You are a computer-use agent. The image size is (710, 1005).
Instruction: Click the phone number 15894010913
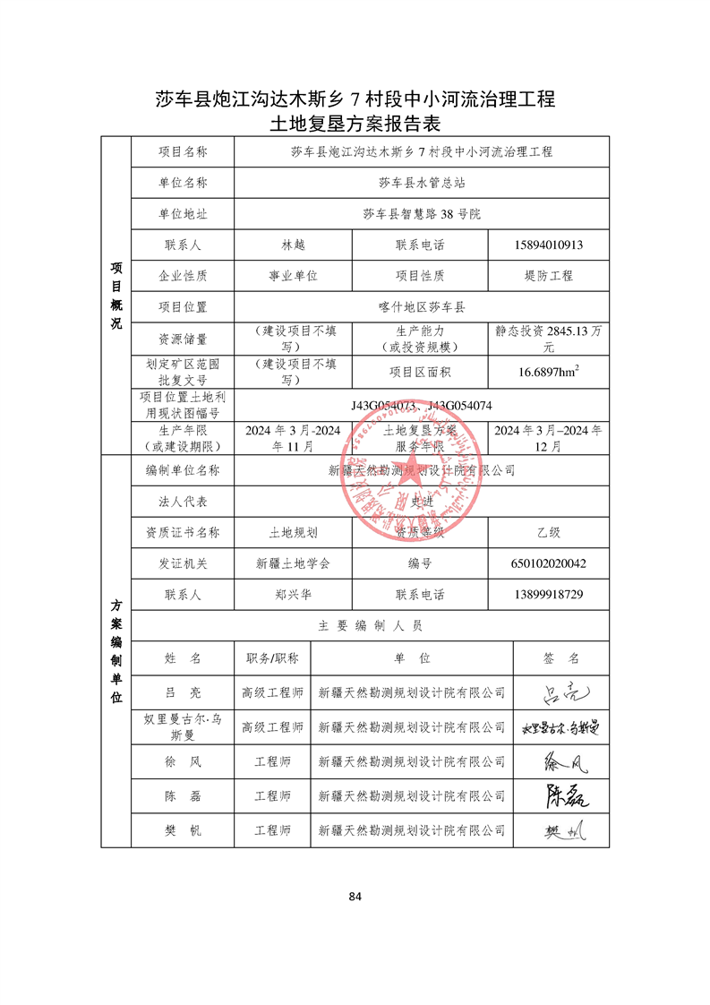[549, 245]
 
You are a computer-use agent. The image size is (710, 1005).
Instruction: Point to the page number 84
[355, 896]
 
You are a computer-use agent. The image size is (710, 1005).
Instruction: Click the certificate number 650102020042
[549, 563]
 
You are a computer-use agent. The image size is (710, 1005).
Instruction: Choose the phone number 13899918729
[549, 594]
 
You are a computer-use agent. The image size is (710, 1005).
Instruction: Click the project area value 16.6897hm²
[549, 372]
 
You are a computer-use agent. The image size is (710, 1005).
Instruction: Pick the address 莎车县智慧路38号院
[421, 214]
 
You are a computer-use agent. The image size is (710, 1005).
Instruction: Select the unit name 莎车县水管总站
[421, 183]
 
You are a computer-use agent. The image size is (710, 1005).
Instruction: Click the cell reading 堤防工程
[549, 276]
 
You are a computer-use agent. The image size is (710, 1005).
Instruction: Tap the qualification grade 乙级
[549, 532]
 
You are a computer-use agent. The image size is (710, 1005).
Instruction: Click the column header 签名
[561, 658]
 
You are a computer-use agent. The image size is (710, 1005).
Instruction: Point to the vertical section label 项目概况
[115, 296]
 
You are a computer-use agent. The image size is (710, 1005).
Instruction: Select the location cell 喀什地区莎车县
[421, 306]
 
